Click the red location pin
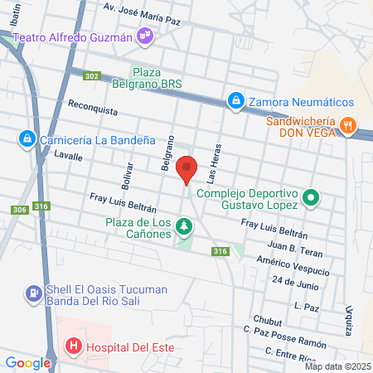tap(187, 169)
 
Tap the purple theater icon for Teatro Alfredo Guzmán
tap(146, 35)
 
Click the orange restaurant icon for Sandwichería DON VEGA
tap(349, 127)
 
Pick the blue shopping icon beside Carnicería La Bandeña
tap(27, 138)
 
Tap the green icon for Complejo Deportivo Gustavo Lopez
tap(310, 198)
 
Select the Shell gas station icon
tap(32, 292)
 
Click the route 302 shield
tap(91, 76)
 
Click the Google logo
tap(28, 362)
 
